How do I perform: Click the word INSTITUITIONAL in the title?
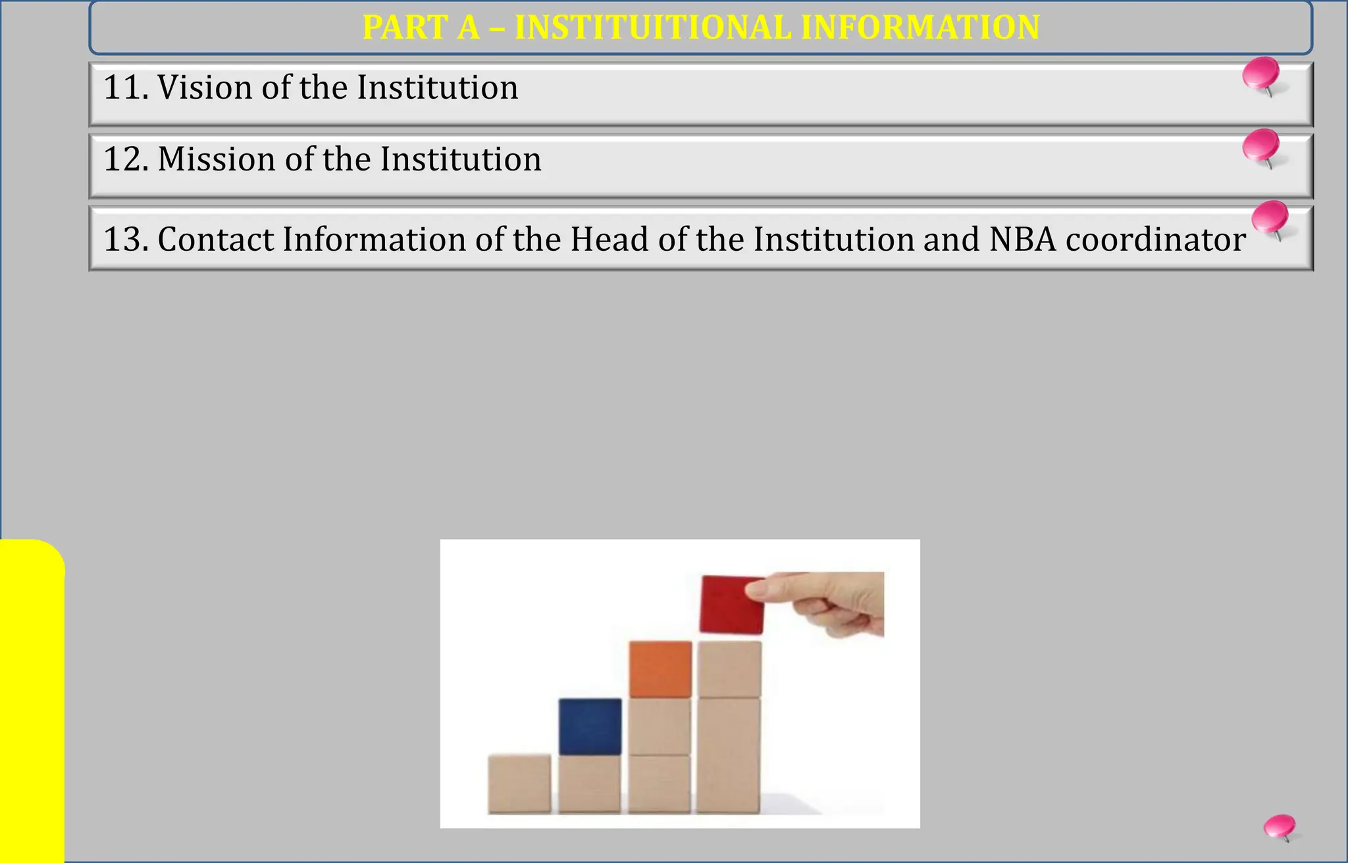(x=653, y=28)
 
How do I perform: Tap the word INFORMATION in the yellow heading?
(x=921, y=28)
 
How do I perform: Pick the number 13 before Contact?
(x=122, y=239)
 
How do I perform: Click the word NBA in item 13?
(x=1022, y=239)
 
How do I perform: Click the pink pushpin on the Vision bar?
(x=1262, y=74)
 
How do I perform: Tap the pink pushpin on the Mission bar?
(x=1262, y=146)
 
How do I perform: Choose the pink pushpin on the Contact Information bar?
(x=1270, y=218)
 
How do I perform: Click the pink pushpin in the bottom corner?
(x=1280, y=827)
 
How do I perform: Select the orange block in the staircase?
(x=660, y=669)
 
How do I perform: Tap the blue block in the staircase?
(x=590, y=726)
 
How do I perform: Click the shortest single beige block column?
(x=519, y=783)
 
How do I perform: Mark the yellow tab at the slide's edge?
(x=32, y=700)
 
